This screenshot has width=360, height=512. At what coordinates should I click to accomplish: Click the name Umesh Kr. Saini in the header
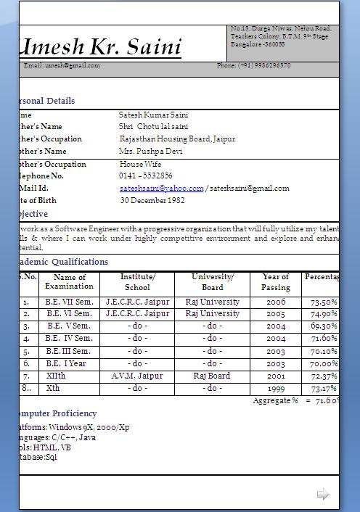click(100, 48)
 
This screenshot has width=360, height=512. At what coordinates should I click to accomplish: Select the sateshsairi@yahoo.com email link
click(161, 189)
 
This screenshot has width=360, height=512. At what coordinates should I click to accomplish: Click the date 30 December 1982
click(152, 201)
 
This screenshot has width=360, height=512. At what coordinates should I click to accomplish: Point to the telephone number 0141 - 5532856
click(146, 176)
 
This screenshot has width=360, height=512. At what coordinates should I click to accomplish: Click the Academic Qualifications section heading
click(62, 262)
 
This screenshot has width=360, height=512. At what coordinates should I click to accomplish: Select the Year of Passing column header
click(276, 282)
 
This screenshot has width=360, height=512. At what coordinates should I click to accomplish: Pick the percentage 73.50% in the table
click(324, 302)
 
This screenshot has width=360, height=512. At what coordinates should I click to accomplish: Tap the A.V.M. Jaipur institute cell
click(137, 376)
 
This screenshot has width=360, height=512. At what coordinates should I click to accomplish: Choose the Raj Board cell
click(212, 376)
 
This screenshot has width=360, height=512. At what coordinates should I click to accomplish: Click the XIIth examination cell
click(55, 376)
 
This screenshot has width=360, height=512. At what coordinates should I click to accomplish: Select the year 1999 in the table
click(276, 389)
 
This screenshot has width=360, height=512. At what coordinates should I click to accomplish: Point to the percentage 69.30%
click(324, 326)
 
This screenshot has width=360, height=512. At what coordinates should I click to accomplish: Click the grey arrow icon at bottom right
click(323, 495)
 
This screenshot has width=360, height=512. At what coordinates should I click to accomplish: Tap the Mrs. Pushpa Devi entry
click(151, 152)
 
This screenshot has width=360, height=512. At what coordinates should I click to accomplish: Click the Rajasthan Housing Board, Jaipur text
click(177, 139)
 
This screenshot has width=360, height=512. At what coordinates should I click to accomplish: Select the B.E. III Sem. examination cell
click(68, 352)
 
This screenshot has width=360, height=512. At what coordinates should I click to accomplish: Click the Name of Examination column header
click(70, 282)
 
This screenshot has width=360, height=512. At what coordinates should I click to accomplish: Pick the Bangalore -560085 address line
click(258, 44)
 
